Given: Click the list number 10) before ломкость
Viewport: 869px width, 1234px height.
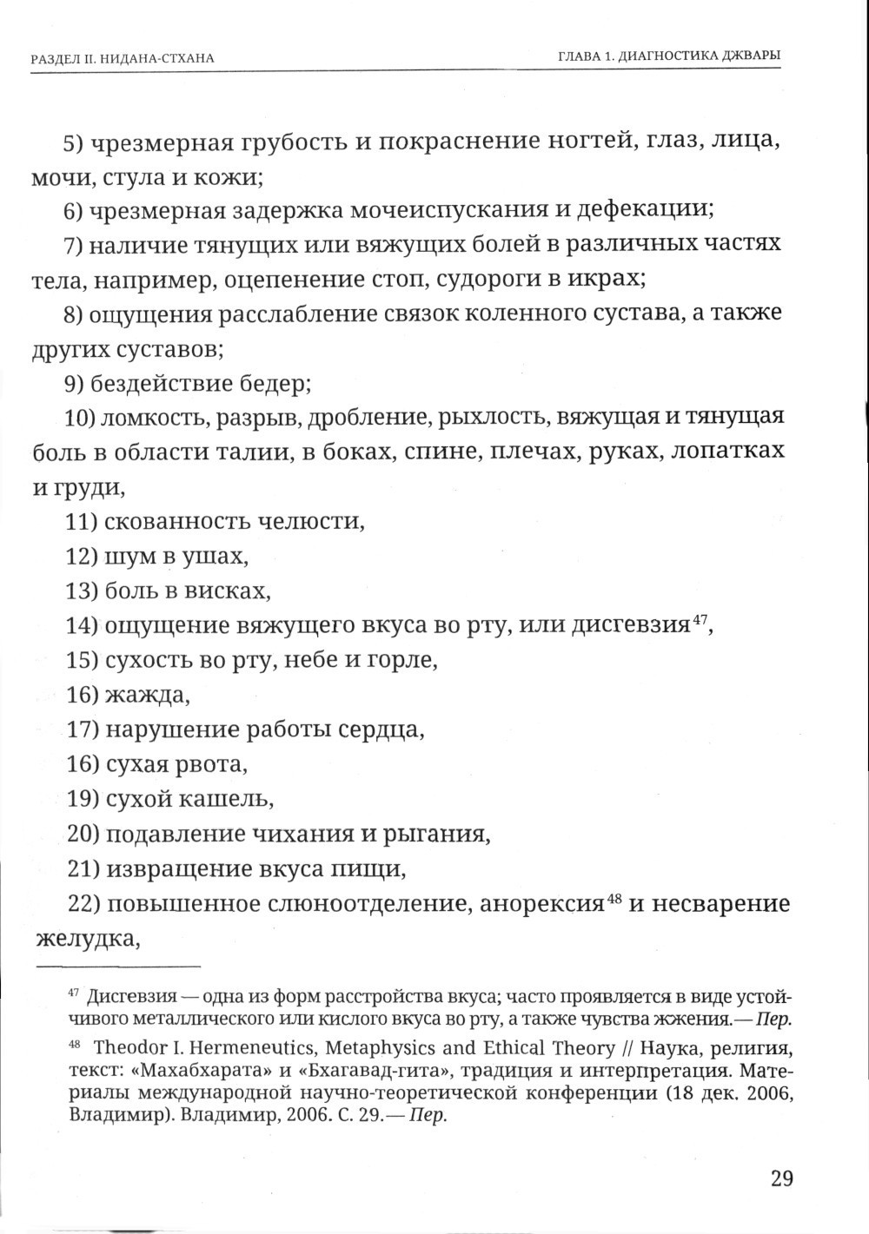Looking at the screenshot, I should (81, 418).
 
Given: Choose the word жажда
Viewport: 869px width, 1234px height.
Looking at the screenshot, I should (147, 695).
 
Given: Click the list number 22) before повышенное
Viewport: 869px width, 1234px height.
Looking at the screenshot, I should (83, 904).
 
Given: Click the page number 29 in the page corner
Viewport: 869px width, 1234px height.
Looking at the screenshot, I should (781, 1178).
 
